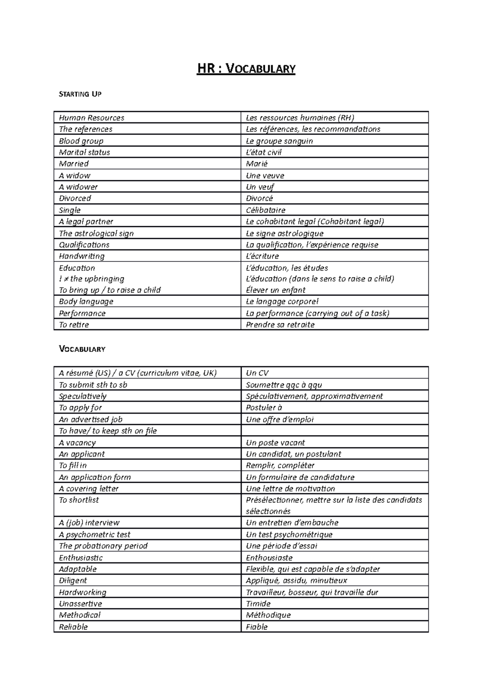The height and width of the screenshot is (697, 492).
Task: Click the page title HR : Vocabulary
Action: coord(246,68)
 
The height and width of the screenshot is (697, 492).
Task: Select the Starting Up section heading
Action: coord(80,94)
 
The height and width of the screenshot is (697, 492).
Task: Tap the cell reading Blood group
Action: coord(81,141)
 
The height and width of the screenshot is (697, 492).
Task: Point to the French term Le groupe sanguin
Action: coord(279,141)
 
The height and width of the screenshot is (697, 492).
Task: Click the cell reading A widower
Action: coord(78,187)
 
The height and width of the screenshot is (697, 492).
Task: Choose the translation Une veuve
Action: coord(265,175)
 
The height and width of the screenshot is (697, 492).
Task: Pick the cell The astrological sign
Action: coord(96,233)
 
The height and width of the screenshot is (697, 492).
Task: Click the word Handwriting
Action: coord(82,256)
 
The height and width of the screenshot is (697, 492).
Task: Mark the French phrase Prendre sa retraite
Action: coord(280,325)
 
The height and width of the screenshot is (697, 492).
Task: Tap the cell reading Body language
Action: coord(86,301)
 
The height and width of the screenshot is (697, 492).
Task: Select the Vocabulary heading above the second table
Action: coord(82,349)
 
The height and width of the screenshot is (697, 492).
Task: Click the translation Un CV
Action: coord(257,373)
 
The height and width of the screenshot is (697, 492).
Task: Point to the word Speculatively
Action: coord(83,396)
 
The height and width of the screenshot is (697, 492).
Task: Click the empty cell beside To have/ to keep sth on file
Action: coord(335,431)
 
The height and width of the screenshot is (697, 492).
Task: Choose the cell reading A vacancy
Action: coord(77,443)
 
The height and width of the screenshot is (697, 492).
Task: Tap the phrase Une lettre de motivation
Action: coord(290,488)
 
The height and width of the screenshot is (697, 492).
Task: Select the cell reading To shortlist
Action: coord(79,500)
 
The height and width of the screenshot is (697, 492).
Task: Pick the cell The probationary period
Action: coord(103,546)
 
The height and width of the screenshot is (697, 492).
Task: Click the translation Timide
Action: coord(258,603)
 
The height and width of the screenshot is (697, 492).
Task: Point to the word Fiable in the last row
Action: coord(257,627)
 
